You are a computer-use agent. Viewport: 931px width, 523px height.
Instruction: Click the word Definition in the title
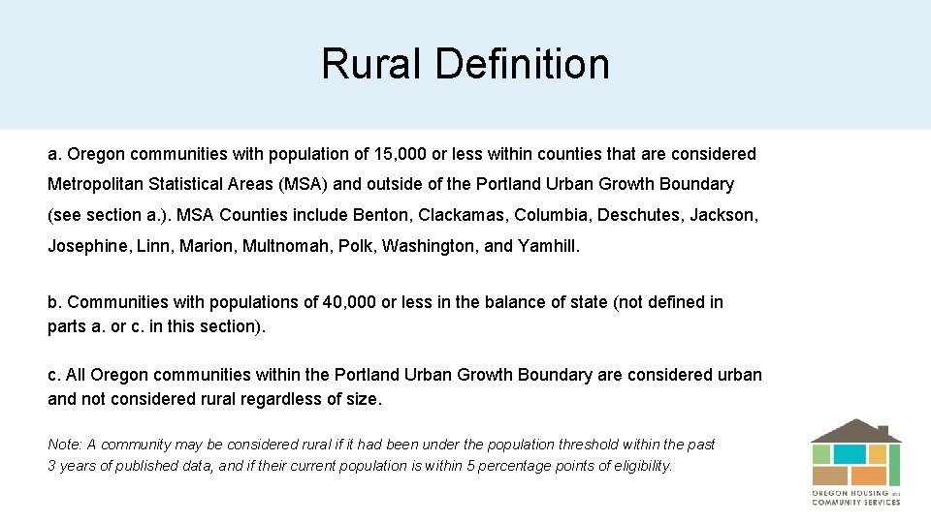[523, 64]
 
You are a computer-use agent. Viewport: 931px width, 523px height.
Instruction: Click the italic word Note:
[65, 445]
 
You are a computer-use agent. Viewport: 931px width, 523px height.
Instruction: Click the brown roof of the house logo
[855, 431]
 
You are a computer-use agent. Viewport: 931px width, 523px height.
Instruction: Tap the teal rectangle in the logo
[850, 453]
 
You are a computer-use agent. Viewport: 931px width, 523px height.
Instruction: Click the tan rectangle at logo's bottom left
[830, 476]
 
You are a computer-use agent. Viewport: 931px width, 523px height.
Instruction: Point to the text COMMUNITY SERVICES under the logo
[855, 502]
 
